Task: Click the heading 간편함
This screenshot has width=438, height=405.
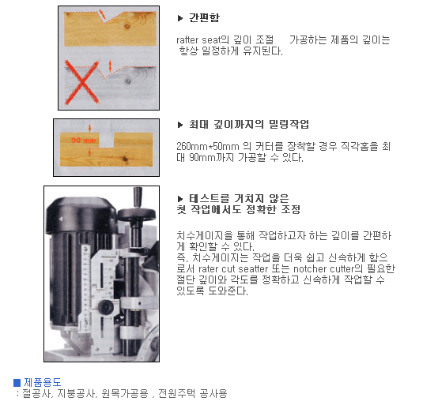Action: pyautogui.click(x=204, y=17)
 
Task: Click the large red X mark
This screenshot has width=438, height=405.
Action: pyautogui.click(x=82, y=82)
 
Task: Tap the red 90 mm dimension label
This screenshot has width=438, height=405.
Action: pyautogui.click(x=84, y=140)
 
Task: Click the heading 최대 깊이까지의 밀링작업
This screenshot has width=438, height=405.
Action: pyautogui.click(x=249, y=124)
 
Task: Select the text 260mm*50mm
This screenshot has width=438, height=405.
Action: pyautogui.click(x=208, y=146)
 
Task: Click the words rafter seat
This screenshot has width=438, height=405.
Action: pyautogui.click(x=198, y=40)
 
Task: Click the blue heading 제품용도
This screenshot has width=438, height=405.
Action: pyautogui.click(x=43, y=382)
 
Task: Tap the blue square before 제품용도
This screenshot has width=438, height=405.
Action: pyautogui.click(x=17, y=383)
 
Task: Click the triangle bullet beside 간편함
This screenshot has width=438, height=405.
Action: pyautogui.click(x=180, y=18)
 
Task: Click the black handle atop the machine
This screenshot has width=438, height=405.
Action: pyautogui.click(x=138, y=197)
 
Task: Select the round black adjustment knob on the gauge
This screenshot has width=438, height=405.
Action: pyautogui.click(x=106, y=307)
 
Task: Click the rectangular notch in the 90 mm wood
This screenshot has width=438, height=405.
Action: pyautogui.click(x=107, y=140)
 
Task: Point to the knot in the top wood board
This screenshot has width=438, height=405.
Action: pyautogui.click(x=127, y=27)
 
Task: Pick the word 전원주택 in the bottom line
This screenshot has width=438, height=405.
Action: pyautogui.click(x=177, y=393)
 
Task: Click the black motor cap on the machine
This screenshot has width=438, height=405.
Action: pyautogui.click(x=81, y=213)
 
